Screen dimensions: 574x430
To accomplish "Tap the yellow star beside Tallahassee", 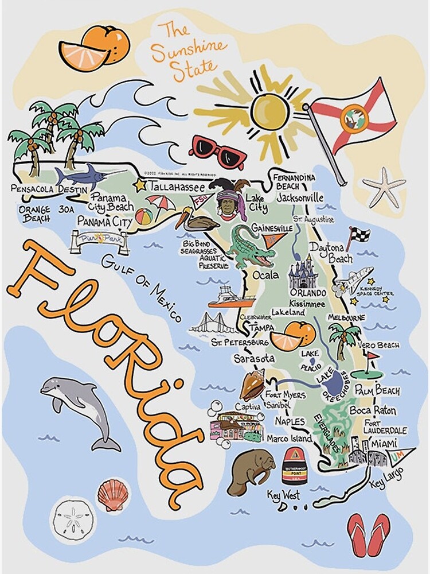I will [139, 185].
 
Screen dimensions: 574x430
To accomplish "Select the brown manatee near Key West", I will [251, 471].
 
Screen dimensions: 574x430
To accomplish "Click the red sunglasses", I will [217, 151].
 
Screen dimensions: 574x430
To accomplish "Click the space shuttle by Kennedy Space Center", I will [354, 281].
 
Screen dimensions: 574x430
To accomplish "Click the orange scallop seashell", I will [111, 494].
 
